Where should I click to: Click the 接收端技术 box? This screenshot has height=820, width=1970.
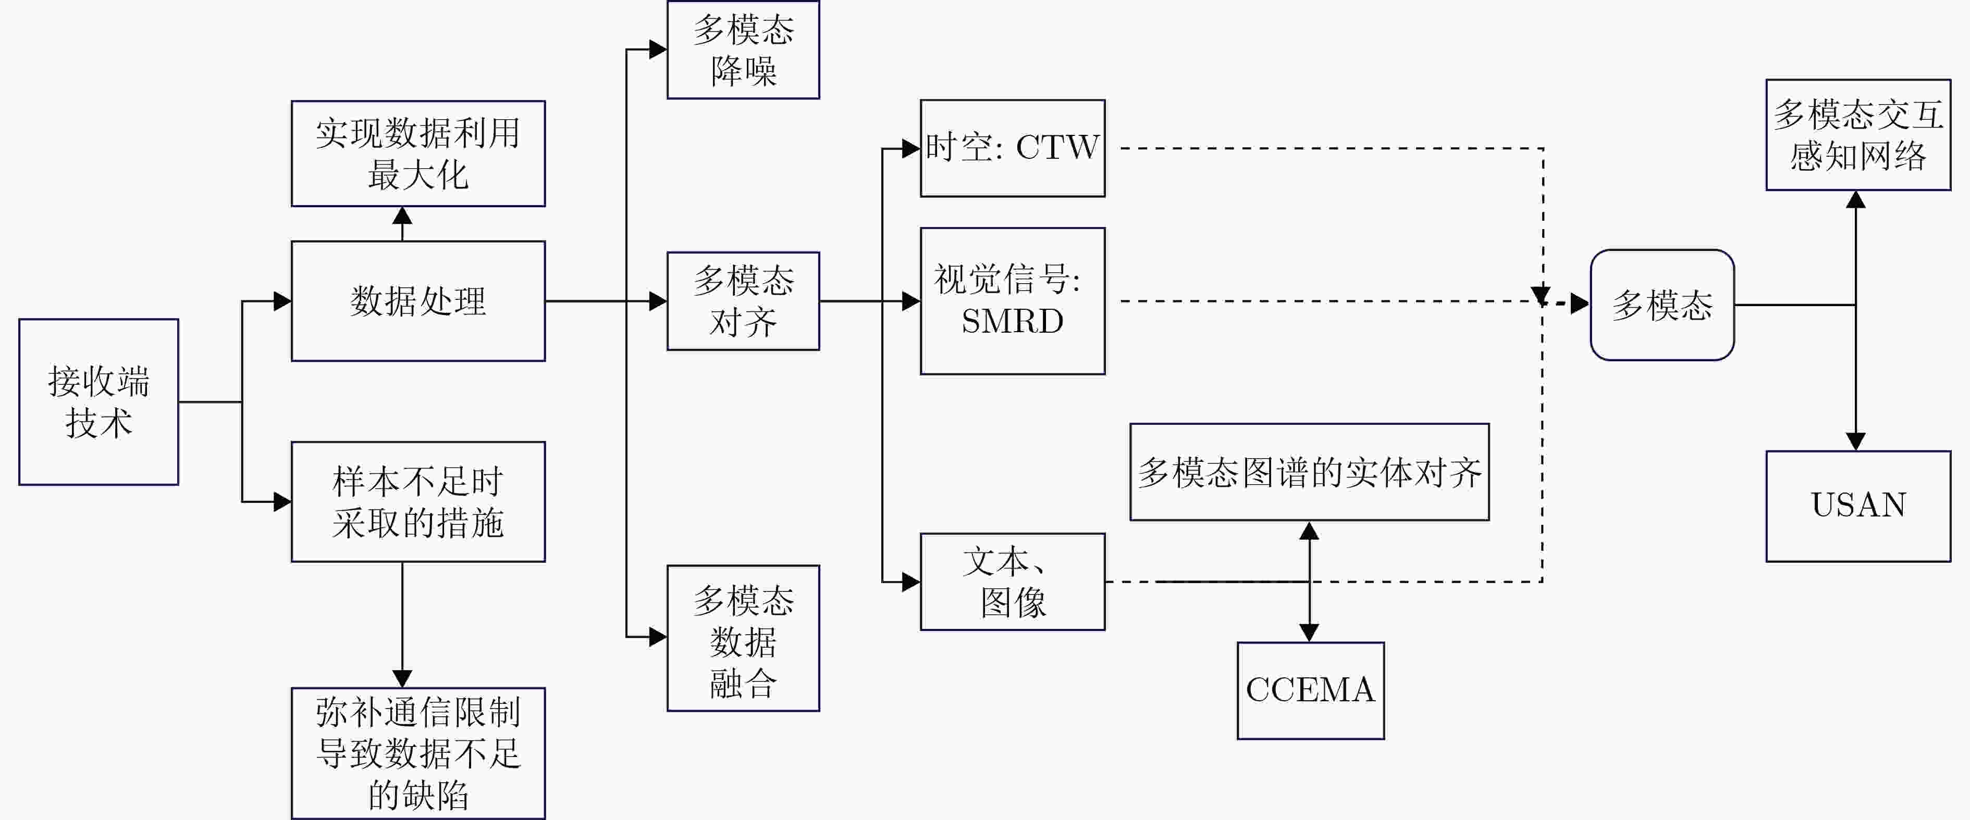tap(98, 402)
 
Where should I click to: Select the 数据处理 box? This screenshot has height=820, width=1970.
tap(418, 301)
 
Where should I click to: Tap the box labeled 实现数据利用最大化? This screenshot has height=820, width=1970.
tap(418, 154)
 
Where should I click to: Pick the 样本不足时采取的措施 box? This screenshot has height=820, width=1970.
tap(418, 502)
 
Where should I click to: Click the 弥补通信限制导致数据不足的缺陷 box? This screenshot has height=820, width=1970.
tap(418, 753)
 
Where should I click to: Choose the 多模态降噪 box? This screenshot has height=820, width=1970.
tap(743, 49)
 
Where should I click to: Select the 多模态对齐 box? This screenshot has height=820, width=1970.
tap(743, 301)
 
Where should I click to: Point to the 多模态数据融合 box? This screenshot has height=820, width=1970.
tap(743, 638)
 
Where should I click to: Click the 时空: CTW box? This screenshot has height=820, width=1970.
tap(1013, 148)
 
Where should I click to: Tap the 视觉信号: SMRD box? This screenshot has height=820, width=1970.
tap(1013, 301)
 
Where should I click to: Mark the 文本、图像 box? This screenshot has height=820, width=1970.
tap(1013, 582)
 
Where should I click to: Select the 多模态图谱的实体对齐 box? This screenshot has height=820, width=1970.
tap(1309, 472)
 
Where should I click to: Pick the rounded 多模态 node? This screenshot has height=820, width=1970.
tap(1662, 305)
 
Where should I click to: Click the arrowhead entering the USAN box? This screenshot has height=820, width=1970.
tap(1856, 441)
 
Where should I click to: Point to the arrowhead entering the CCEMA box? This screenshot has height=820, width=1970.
tap(1309, 633)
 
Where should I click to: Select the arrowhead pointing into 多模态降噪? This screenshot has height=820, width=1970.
tap(658, 49)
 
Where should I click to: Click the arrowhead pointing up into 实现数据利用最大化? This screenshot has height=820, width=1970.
tap(402, 216)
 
